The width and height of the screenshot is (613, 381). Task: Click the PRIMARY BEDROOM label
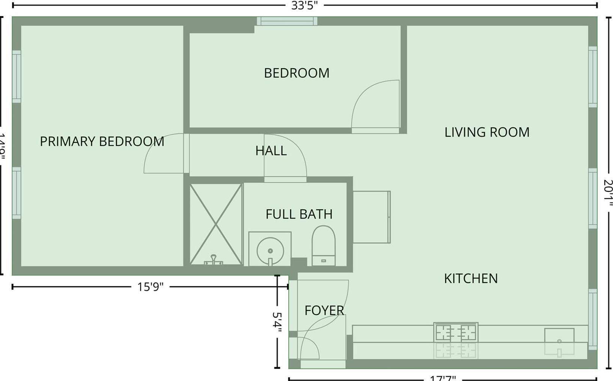coord(102,142)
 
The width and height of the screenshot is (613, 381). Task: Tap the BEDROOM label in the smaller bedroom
coord(297,73)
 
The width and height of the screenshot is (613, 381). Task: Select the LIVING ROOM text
coord(487,132)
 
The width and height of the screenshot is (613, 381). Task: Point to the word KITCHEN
coord(471,279)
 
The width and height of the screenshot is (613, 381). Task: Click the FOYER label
coord(324,311)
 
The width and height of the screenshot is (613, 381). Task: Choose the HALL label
coord(271,151)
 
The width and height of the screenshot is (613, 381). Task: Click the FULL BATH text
coord(299,214)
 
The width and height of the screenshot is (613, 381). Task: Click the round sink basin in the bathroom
coord(270,251)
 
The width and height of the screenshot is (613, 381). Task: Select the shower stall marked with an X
coord(216,224)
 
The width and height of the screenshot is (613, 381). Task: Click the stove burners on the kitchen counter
coord(455,332)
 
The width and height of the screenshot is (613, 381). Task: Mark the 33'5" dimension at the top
coord(304,5)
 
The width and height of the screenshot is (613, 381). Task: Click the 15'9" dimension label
coord(150,287)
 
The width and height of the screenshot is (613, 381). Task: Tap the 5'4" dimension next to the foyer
coord(277,322)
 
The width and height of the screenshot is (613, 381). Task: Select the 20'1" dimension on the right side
coord(608,193)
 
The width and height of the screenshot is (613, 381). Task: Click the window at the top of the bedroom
coord(287,21)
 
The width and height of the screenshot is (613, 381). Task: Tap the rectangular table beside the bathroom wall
coord(371,217)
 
